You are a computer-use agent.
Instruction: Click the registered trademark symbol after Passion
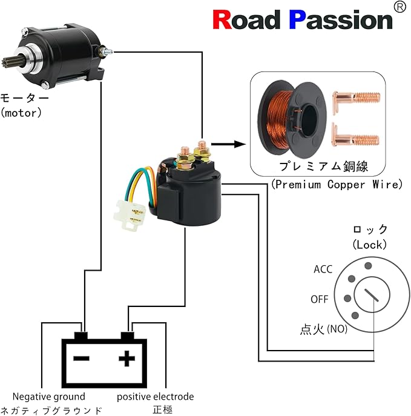point(399,7)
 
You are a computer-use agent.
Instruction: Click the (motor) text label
point(22,112)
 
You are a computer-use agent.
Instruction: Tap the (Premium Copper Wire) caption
point(337,184)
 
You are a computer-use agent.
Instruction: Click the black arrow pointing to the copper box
point(230,144)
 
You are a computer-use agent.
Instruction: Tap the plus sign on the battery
point(127,358)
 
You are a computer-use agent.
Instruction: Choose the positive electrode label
point(156,397)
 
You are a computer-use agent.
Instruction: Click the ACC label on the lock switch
point(323,269)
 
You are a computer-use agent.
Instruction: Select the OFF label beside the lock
point(320,299)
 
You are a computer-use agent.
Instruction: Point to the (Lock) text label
point(370,244)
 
